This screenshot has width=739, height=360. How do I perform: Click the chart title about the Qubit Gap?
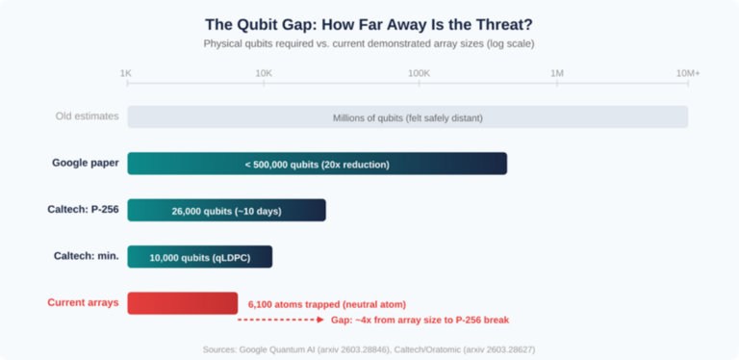pyautogui.click(x=369, y=24)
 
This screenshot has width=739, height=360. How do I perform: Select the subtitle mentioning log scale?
pyautogui.click(x=369, y=43)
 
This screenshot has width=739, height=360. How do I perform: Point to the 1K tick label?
pyautogui.click(x=126, y=73)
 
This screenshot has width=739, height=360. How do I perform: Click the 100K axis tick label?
pyautogui.click(x=419, y=73)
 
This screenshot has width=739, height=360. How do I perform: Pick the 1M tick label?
pyautogui.click(x=556, y=73)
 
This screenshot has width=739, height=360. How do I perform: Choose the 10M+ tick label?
pyautogui.click(x=687, y=73)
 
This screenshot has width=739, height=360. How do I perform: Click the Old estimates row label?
pyautogui.click(x=87, y=116)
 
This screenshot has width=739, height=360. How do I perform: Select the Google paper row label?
pyautogui.click(x=86, y=163)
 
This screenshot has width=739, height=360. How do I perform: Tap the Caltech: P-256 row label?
pyautogui.click(x=83, y=209)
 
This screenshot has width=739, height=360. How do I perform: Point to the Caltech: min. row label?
pyautogui.click(x=86, y=255)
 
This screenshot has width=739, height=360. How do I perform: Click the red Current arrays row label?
pyautogui.click(x=83, y=302)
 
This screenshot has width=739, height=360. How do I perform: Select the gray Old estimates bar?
pyautogui.click(x=407, y=116)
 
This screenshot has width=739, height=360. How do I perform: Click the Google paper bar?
pyautogui.click(x=317, y=164)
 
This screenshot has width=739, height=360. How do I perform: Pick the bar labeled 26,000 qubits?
pyautogui.click(x=226, y=210)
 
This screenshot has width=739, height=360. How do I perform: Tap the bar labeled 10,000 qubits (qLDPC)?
pyautogui.click(x=199, y=257)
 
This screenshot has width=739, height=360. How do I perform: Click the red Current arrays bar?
pyautogui.click(x=182, y=302)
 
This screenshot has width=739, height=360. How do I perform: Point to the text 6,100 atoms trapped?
pyautogui.click(x=326, y=304)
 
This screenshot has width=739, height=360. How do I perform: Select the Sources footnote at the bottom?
pyautogui.click(x=369, y=348)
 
